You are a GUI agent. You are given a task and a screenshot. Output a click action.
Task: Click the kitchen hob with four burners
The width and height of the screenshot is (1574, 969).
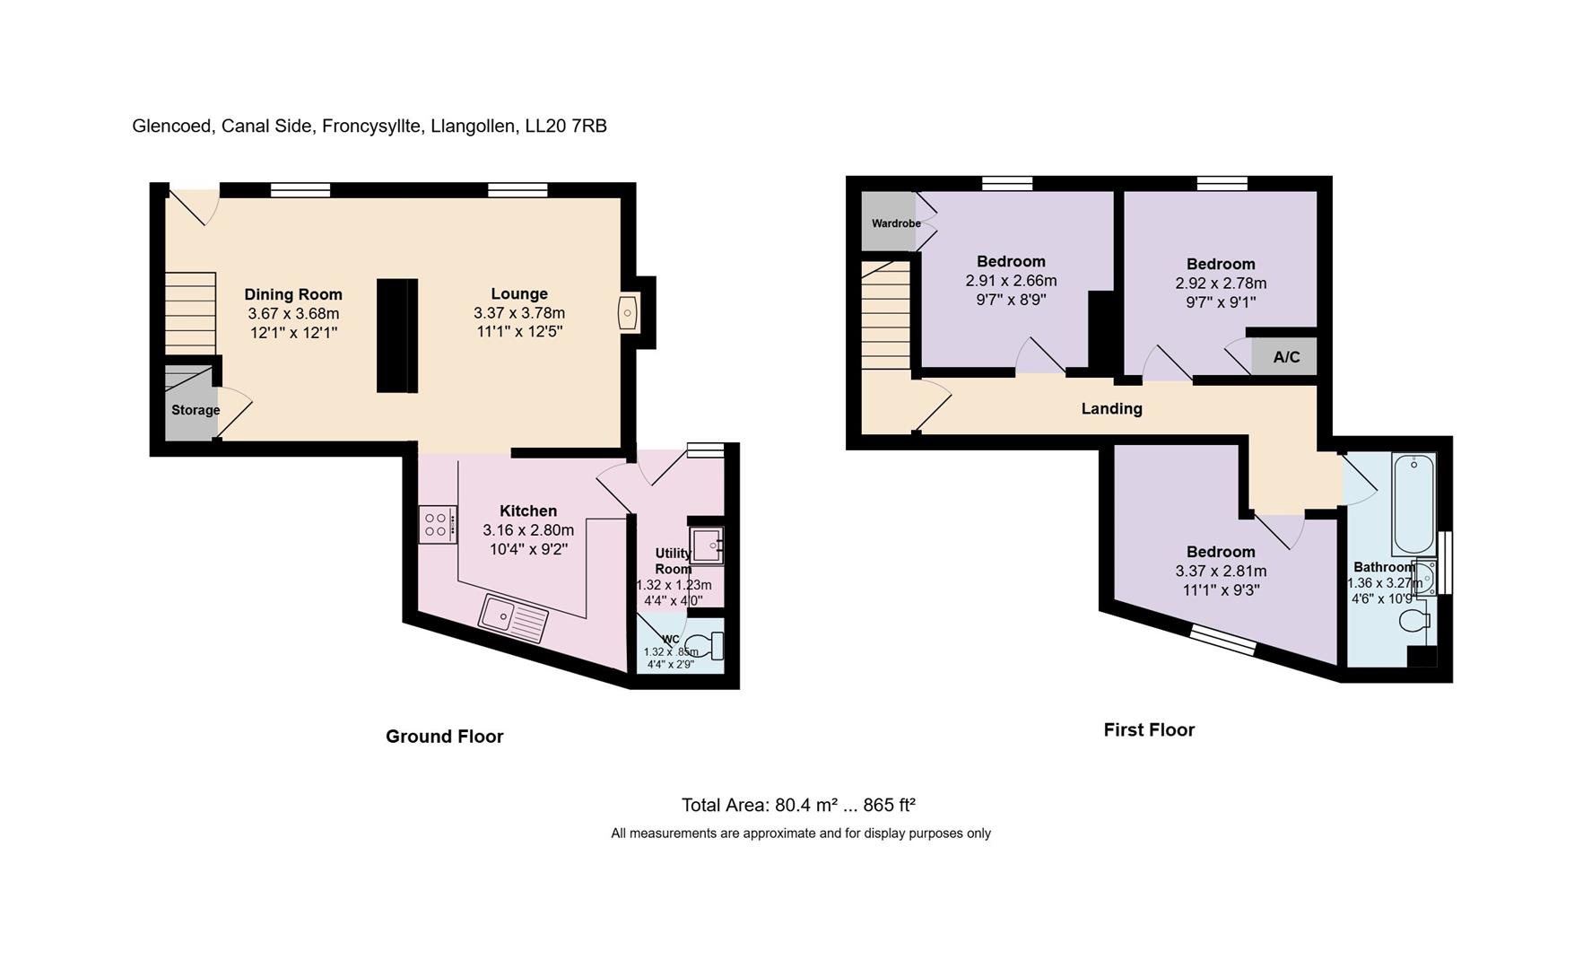(x=437, y=524)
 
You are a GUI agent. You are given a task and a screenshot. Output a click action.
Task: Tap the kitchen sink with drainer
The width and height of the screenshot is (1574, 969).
(x=513, y=618)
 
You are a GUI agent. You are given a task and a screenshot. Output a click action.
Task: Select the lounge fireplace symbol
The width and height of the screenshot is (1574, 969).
(x=627, y=314)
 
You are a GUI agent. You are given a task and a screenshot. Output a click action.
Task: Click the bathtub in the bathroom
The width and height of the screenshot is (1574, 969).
(x=1413, y=504)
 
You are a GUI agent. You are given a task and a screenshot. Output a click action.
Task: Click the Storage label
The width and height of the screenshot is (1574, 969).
(x=196, y=410)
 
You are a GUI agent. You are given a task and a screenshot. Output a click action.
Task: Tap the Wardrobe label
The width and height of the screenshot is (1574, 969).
(x=896, y=223)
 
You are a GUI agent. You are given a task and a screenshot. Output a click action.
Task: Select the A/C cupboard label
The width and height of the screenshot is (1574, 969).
(x=1286, y=357)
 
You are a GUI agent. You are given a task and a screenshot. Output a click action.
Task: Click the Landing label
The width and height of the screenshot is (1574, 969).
(x=1111, y=409)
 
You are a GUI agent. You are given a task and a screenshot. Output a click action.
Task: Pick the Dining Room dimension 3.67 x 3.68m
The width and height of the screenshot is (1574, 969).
(x=293, y=314)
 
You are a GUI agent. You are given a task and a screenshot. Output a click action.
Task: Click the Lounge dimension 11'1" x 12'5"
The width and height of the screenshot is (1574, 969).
(x=519, y=332)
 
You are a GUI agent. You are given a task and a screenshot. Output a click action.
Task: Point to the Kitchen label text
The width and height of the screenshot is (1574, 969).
(x=528, y=511)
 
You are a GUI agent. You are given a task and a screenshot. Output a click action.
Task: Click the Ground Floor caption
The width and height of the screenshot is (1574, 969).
(x=444, y=737)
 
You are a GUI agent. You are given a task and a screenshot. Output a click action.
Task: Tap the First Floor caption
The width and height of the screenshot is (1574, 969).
(x=1148, y=730)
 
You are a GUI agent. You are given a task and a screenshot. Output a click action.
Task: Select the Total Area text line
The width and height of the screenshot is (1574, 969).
(x=798, y=805)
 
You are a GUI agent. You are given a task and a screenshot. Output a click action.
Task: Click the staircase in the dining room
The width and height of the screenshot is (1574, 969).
(x=191, y=313)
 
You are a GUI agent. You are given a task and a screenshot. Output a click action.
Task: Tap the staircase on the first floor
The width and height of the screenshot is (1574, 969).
(x=885, y=315)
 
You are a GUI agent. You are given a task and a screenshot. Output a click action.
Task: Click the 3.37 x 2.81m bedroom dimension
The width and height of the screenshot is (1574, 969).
(x=1221, y=572)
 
